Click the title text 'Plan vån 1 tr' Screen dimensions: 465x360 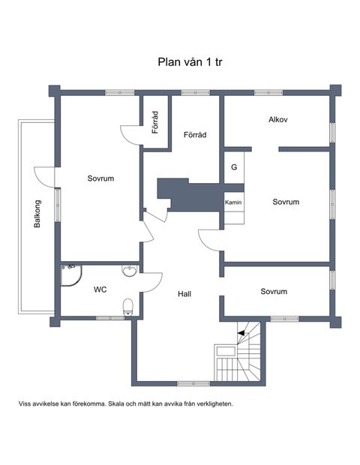point(190,62)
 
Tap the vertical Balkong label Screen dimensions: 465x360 point(35,215)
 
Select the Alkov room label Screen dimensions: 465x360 point(278,120)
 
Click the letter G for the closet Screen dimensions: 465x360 point(234,167)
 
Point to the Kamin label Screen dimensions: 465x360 point(232,202)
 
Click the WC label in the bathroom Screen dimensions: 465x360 point(100,289)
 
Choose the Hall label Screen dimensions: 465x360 point(185,294)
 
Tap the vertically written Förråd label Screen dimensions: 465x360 point(155,124)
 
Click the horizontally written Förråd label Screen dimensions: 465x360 point(195,135)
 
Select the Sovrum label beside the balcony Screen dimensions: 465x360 point(100,178)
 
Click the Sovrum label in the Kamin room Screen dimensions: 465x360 point(286,202)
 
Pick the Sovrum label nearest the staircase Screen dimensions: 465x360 point(274,291)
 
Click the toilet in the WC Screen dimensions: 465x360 point(128,305)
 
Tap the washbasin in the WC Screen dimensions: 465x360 point(130,271)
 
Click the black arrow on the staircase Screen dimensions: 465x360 point(243,327)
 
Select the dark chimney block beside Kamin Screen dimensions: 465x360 point(187,195)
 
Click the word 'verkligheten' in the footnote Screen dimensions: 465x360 point(211,403)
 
